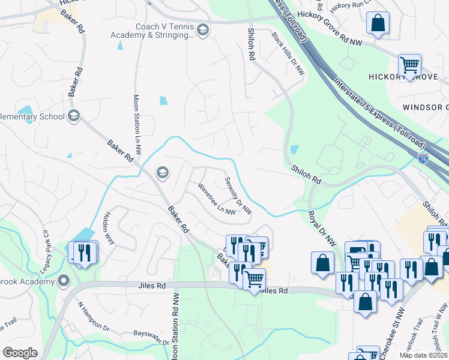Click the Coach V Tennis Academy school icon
click(203, 30)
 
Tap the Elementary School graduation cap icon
click(74, 116)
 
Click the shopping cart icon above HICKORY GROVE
click(410, 65)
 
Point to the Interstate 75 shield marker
click(424, 158)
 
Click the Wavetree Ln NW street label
click(216, 199)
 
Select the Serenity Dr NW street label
click(238, 196)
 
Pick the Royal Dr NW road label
click(322, 228)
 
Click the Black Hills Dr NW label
click(288, 54)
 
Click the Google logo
click(20, 353)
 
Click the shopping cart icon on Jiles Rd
click(255, 279)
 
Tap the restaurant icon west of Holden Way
click(85, 252)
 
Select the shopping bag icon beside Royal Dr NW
click(322, 263)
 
